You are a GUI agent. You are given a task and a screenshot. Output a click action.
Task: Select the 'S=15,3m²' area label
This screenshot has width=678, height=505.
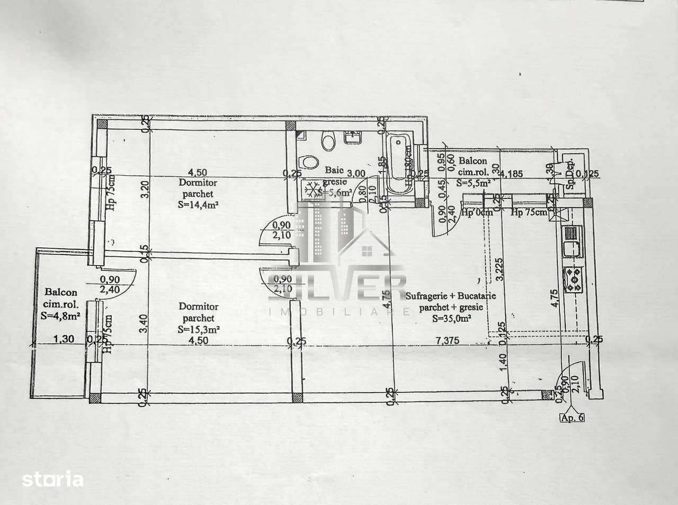tap(199, 329)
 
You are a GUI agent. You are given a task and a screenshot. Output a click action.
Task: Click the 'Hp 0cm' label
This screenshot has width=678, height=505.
tap(477, 213)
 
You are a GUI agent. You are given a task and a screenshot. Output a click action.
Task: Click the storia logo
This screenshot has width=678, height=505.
tap(53, 480)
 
